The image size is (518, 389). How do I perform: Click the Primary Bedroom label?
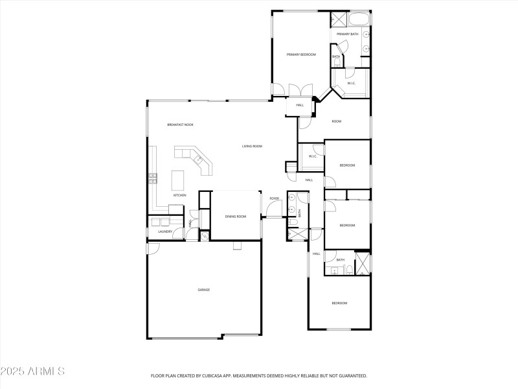[301, 54]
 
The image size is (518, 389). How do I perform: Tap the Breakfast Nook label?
[180, 124]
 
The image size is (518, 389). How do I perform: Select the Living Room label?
[252, 147]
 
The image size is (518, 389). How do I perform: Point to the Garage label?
[204, 290]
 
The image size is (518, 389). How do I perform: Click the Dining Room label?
[236, 217]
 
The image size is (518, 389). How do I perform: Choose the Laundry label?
[164, 231]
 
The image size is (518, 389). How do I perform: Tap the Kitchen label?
[179, 195]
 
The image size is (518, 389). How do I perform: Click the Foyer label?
[275, 198]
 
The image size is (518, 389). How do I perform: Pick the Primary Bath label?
[348, 34]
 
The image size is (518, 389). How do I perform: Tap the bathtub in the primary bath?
[358, 18]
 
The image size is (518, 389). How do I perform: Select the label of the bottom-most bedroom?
[340, 303]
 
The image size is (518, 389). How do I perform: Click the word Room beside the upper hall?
[337, 121]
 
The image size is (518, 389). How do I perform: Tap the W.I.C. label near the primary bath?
[351, 83]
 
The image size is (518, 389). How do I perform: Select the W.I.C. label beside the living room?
[312, 156]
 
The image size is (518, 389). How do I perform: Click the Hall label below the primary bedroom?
[300, 105]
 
